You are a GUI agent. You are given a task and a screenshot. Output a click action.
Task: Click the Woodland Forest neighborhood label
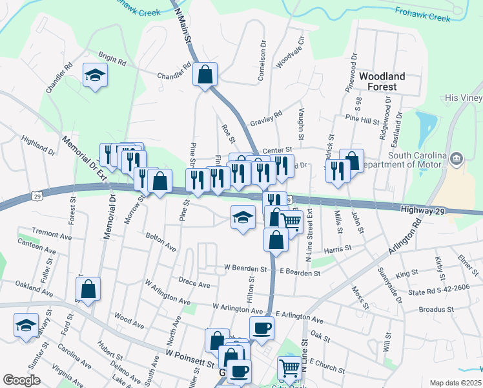pos(382,81)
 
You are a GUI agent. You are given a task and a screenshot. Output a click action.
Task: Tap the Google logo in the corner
pos(21,380)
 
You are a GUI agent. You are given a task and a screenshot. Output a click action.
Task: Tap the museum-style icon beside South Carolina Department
pos(457,158)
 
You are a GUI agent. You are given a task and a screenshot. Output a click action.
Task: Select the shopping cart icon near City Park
pos(289,369)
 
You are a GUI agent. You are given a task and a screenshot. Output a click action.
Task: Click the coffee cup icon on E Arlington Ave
pos(262,328)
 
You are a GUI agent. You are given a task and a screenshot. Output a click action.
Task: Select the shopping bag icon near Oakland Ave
pos(88,290)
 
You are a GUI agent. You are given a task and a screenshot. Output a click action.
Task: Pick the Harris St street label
pos(337,248)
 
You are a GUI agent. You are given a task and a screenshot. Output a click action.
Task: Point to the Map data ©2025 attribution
pos(455,382)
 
